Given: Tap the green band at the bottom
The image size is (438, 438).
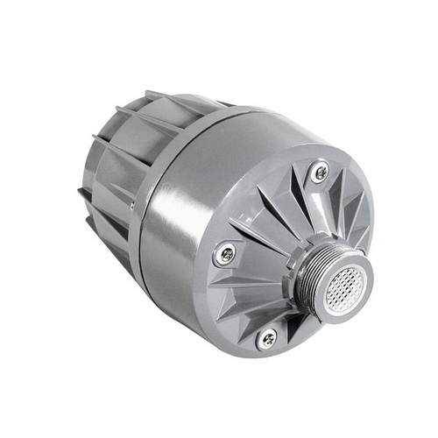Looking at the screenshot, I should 219,416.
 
